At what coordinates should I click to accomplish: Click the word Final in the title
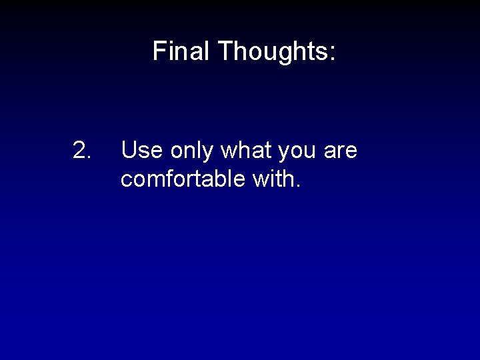tap(181, 51)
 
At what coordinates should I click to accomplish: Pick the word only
tap(193, 153)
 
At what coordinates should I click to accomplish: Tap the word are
tap(341, 153)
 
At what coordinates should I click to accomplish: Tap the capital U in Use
tap(129, 151)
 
